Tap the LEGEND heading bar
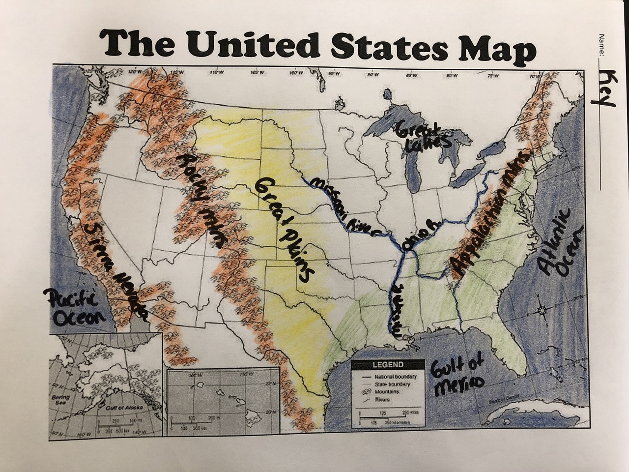(x=388, y=365)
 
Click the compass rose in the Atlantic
(x=543, y=310)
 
